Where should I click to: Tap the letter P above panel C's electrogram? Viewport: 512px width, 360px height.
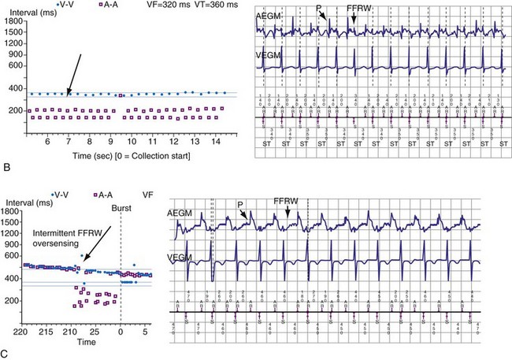pyautogui.click(x=240, y=202)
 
